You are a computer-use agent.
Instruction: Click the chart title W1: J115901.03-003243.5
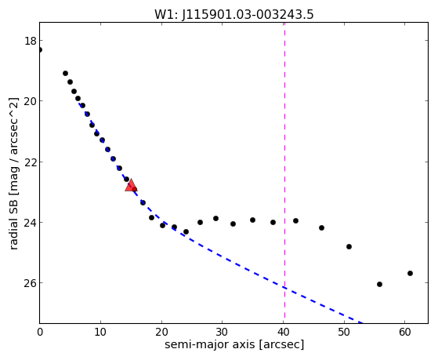pyautogui.click(x=234, y=14)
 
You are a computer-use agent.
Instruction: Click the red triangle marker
pyautogui.click(x=131, y=186)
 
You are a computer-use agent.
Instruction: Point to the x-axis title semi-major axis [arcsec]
pyautogui.click(x=234, y=344)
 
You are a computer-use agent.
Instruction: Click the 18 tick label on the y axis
pyautogui.click(x=31, y=41)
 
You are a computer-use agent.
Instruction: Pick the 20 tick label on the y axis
pyautogui.click(x=31, y=101)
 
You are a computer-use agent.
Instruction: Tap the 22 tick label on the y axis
pyautogui.click(x=31, y=162)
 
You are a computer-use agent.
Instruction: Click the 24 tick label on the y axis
pyautogui.click(x=31, y=223)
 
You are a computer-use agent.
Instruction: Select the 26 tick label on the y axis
pyautogui.click(x=31, y=283)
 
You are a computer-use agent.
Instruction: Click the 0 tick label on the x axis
pyautogui.click(x=40, y=332)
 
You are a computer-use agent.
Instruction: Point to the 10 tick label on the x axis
pyautogui.click(x=100, y=332)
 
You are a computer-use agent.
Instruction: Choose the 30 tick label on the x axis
pyautogui.click(x=222, y=332)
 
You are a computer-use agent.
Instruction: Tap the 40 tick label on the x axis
pyautogui.click(x=283, y=332)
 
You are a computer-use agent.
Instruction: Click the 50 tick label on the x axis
pyautogui.click(x=344, y=332)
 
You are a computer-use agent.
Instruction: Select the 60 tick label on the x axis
pyautogui.click(x=405, y=332)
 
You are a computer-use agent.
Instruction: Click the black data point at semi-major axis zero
pyautogui.click(x=40, y=49)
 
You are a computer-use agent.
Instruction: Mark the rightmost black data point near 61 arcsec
pyautogui.click(x=410, y=273)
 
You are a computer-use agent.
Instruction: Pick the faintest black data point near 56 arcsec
pyautogui.click(x=379, y=284)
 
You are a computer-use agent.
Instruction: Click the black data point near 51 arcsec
pyautogui.click(x=349, y=247)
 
